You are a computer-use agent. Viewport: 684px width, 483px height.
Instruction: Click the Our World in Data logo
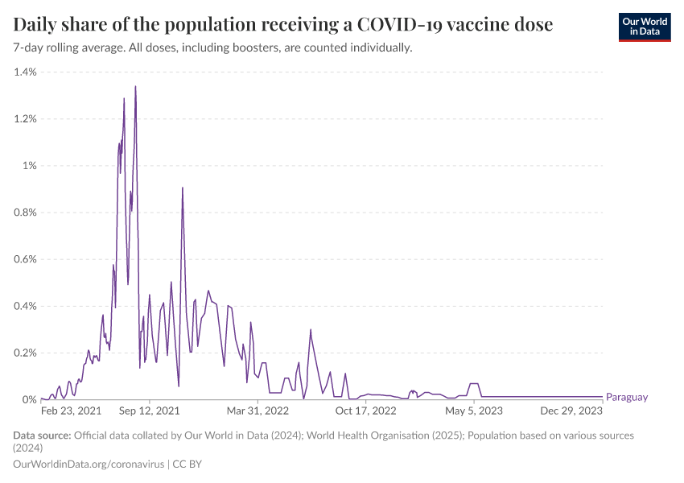pyautogui.click(x=644, y=26)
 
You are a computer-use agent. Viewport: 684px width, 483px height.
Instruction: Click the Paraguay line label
pyautogui.click(x=626, y=397)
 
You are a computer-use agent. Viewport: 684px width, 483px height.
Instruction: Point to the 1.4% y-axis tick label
pyautogui.click(x=25, y=72)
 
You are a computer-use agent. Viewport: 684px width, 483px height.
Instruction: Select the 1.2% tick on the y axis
pyautogui.click(x=25, y=119)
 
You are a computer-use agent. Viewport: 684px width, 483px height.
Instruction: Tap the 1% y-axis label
pyautogui.click(x=29, y=166)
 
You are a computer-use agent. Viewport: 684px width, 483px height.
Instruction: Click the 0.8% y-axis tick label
pyautogui.click(x=25, y=213)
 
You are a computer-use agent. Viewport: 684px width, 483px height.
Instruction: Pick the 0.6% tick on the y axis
pyautogui.click(x=25, y=259)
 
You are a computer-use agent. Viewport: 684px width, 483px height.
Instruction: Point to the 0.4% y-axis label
pyautogui.click(x=25, y=306)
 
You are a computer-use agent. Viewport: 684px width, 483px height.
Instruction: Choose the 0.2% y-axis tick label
pyautogui.click(x=25, y=353)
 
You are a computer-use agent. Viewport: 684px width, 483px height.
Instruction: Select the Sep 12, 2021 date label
pyautogui.click(x=150, y=411)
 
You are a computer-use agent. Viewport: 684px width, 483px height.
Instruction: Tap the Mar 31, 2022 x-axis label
pyautogui.click(x=258, y=411)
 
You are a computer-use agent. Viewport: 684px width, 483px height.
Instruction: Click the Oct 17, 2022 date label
pyautogui.click(x=366, y=411)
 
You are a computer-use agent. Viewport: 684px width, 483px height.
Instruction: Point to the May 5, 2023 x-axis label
pyautogui.click(x=475, y=411)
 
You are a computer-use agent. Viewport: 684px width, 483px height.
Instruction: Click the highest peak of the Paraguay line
pyautogui.click(x=135, y=86)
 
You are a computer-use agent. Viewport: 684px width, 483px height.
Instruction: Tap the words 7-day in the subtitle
pyautogui.click(x=31, y=48)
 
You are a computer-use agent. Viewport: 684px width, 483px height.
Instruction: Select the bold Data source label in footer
pyautogui.click(x=42, y=436)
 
